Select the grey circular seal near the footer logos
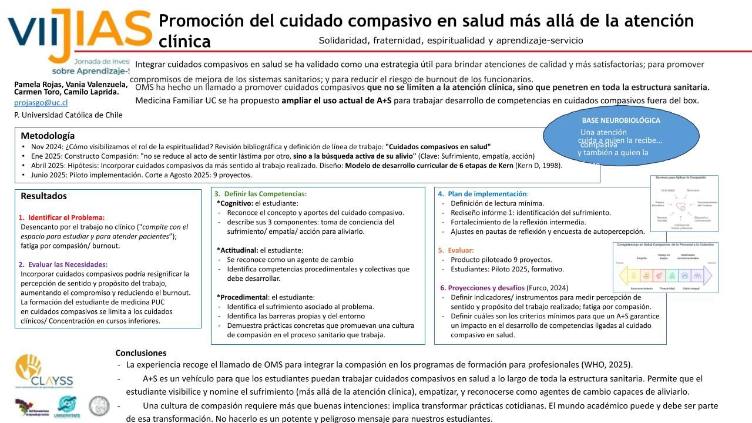coord(99,406)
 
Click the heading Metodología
coord(48,136)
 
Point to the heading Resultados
coord(43,196)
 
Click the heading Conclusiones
coord(140,353)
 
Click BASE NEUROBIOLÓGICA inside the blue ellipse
coord(621,120)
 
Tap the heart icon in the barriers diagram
coord(680,206)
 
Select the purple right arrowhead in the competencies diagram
coord(707,274)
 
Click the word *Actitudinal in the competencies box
coord(237,250)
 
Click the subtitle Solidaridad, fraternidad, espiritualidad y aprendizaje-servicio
coord(451,41)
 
